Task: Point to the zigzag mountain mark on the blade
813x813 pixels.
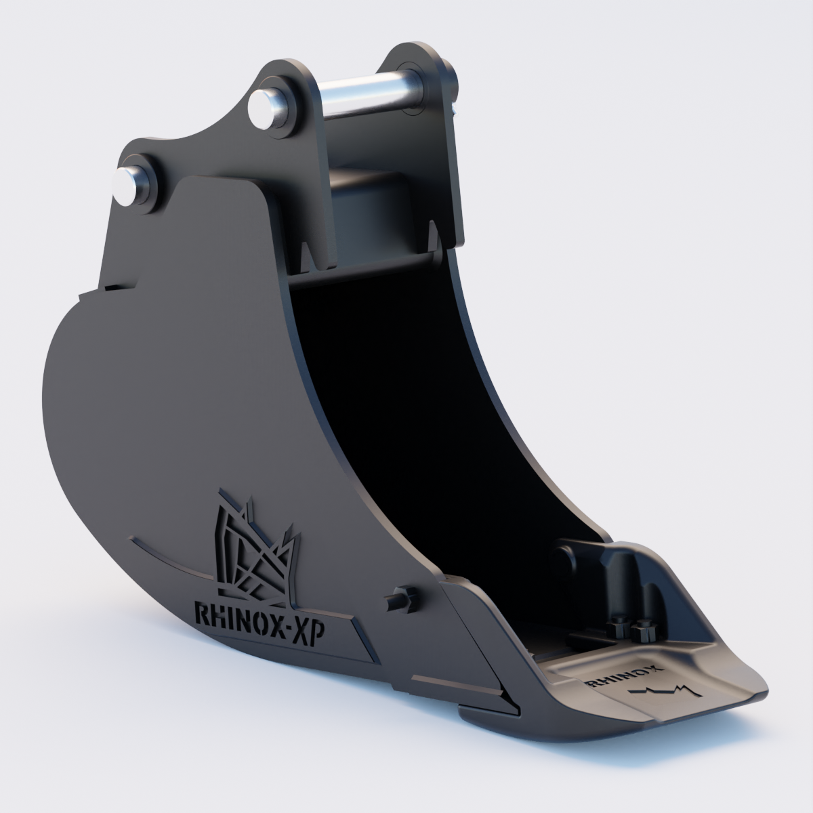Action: pos(664,690)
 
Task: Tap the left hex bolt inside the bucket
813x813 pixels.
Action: pos(618,627)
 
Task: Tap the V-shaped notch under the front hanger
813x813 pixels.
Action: pos(309,257)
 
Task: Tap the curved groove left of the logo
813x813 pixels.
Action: pos(169,556)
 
